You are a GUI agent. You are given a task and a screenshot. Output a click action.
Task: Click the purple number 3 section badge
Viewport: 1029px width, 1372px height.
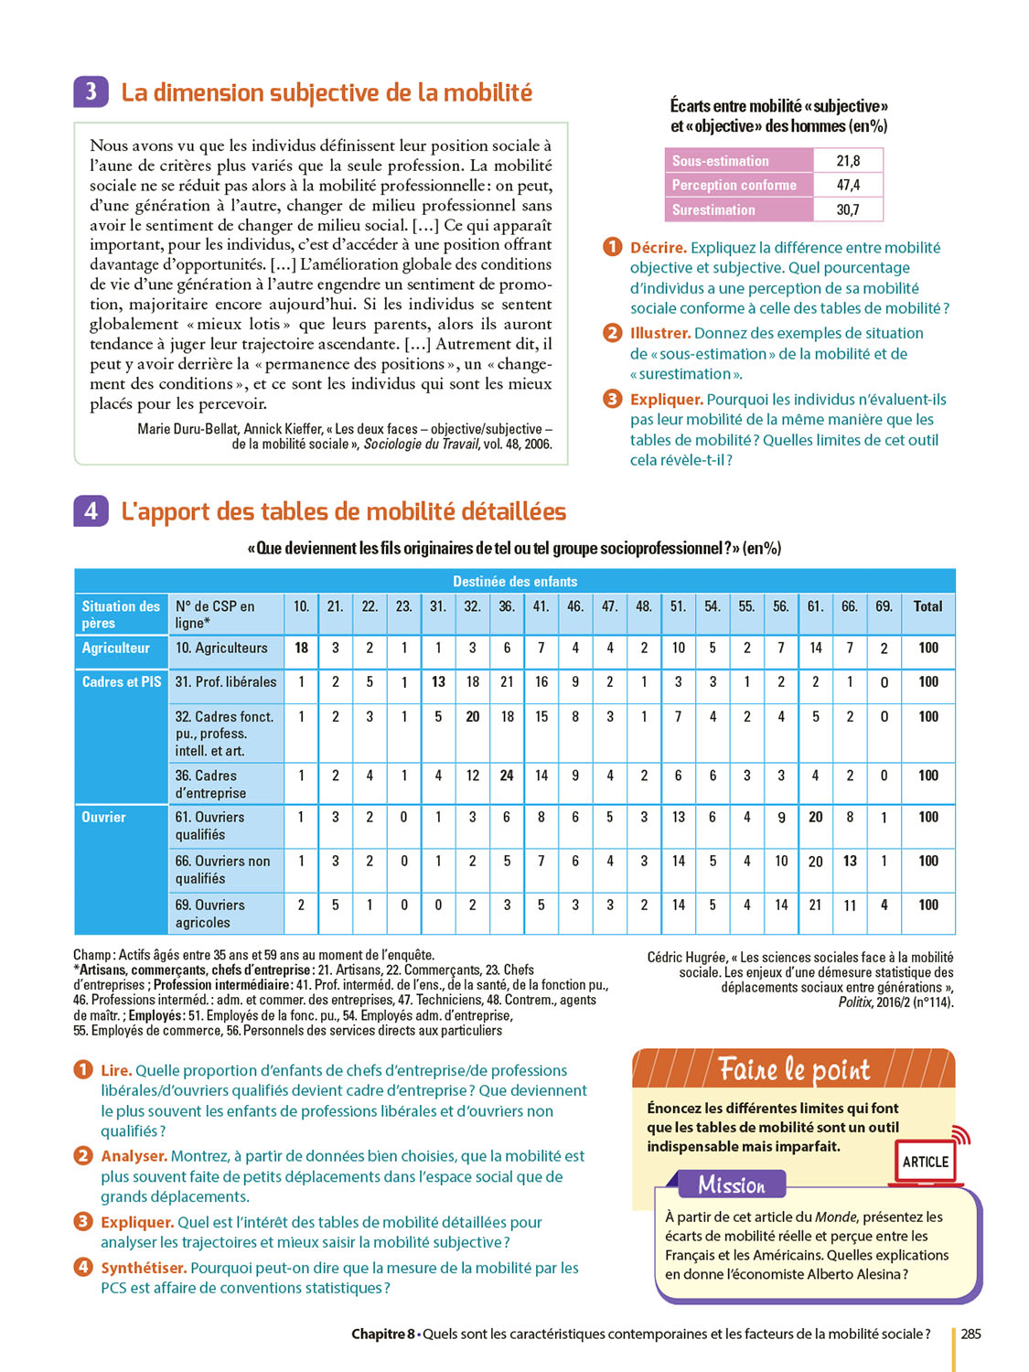[x=91, y=92]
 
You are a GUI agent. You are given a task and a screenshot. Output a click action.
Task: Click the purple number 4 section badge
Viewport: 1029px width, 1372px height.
[x=91, y=511]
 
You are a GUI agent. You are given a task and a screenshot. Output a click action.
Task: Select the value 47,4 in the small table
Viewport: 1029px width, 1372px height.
[x=848, y=185]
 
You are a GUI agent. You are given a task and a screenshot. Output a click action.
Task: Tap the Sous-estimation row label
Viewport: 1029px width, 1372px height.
[x=721, y=161]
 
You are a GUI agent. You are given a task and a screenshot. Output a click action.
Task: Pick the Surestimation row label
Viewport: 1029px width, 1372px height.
[x=713, y=209]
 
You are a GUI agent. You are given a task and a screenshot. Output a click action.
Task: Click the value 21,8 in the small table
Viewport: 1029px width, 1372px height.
[x=848, y=161]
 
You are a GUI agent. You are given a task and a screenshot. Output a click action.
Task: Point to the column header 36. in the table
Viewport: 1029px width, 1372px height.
[x=507, y=606]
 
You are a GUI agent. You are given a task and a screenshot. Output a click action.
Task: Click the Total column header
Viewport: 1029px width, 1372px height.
[x=927, y=606]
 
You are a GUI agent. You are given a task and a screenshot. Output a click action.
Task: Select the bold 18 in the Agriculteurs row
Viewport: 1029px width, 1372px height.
[x=301, y=648]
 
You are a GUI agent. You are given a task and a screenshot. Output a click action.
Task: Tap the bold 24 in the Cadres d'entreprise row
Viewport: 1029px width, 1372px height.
[x=507, y=776]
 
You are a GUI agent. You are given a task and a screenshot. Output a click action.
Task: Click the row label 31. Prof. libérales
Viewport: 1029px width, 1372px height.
[x=225, y=682]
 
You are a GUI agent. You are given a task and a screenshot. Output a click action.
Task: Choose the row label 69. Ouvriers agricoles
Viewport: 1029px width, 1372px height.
[x=210, y=914]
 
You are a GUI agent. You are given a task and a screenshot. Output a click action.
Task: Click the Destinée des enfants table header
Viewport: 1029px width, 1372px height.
[x=515, y=582]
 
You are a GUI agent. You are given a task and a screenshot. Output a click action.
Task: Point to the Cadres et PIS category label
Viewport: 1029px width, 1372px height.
[x=122, y=682]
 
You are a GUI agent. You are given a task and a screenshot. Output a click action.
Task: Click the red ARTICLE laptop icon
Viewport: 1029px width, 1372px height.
[x=926, y=1162]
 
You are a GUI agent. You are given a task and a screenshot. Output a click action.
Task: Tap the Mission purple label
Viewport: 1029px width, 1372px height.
[x=732, y=1185]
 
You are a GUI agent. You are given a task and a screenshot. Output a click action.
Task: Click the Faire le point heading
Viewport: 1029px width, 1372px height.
[x=794, y=1069]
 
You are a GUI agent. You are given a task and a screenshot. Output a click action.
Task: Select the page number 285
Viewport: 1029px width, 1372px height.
[x=970, y=1334]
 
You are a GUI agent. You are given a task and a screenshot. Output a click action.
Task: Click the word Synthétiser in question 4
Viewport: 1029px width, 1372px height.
[x=144, y=1268]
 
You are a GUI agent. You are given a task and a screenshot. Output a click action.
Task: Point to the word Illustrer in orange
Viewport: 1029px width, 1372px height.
[x=659, y=334]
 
